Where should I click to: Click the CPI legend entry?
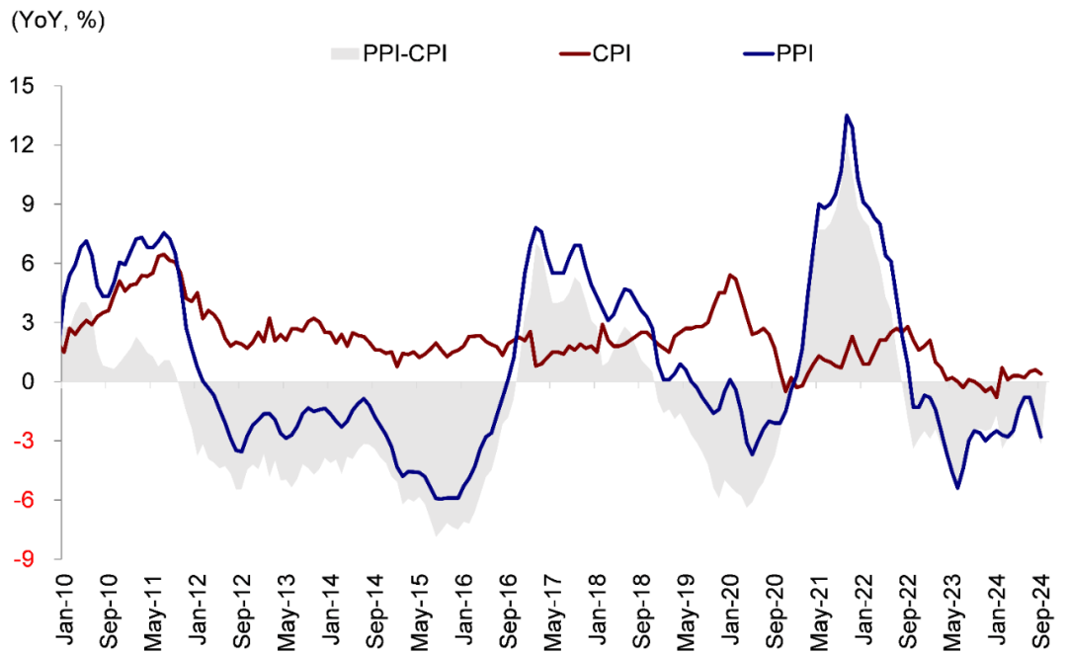[612, 52]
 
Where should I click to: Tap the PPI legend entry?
[793, 52]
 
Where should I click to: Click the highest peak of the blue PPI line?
[847, 116]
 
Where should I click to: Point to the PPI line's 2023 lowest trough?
[957, 488]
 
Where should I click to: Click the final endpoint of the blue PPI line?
[1042, 437]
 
